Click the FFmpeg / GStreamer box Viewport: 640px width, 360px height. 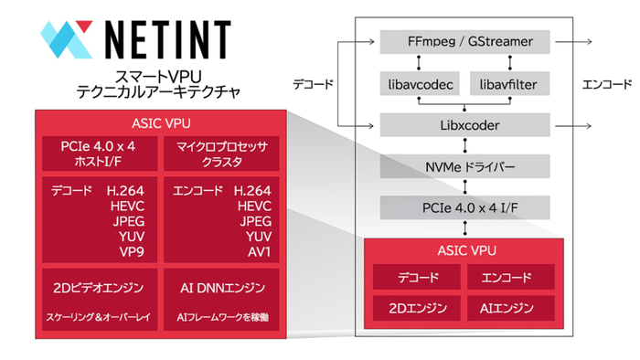tap(464, 41)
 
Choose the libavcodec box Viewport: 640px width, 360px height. tap(417, 84)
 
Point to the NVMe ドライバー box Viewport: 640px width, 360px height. tap(464, 165)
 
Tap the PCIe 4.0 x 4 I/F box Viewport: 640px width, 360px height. tap(464, 207)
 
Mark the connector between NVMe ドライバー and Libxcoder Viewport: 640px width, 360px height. tap(464, 144)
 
